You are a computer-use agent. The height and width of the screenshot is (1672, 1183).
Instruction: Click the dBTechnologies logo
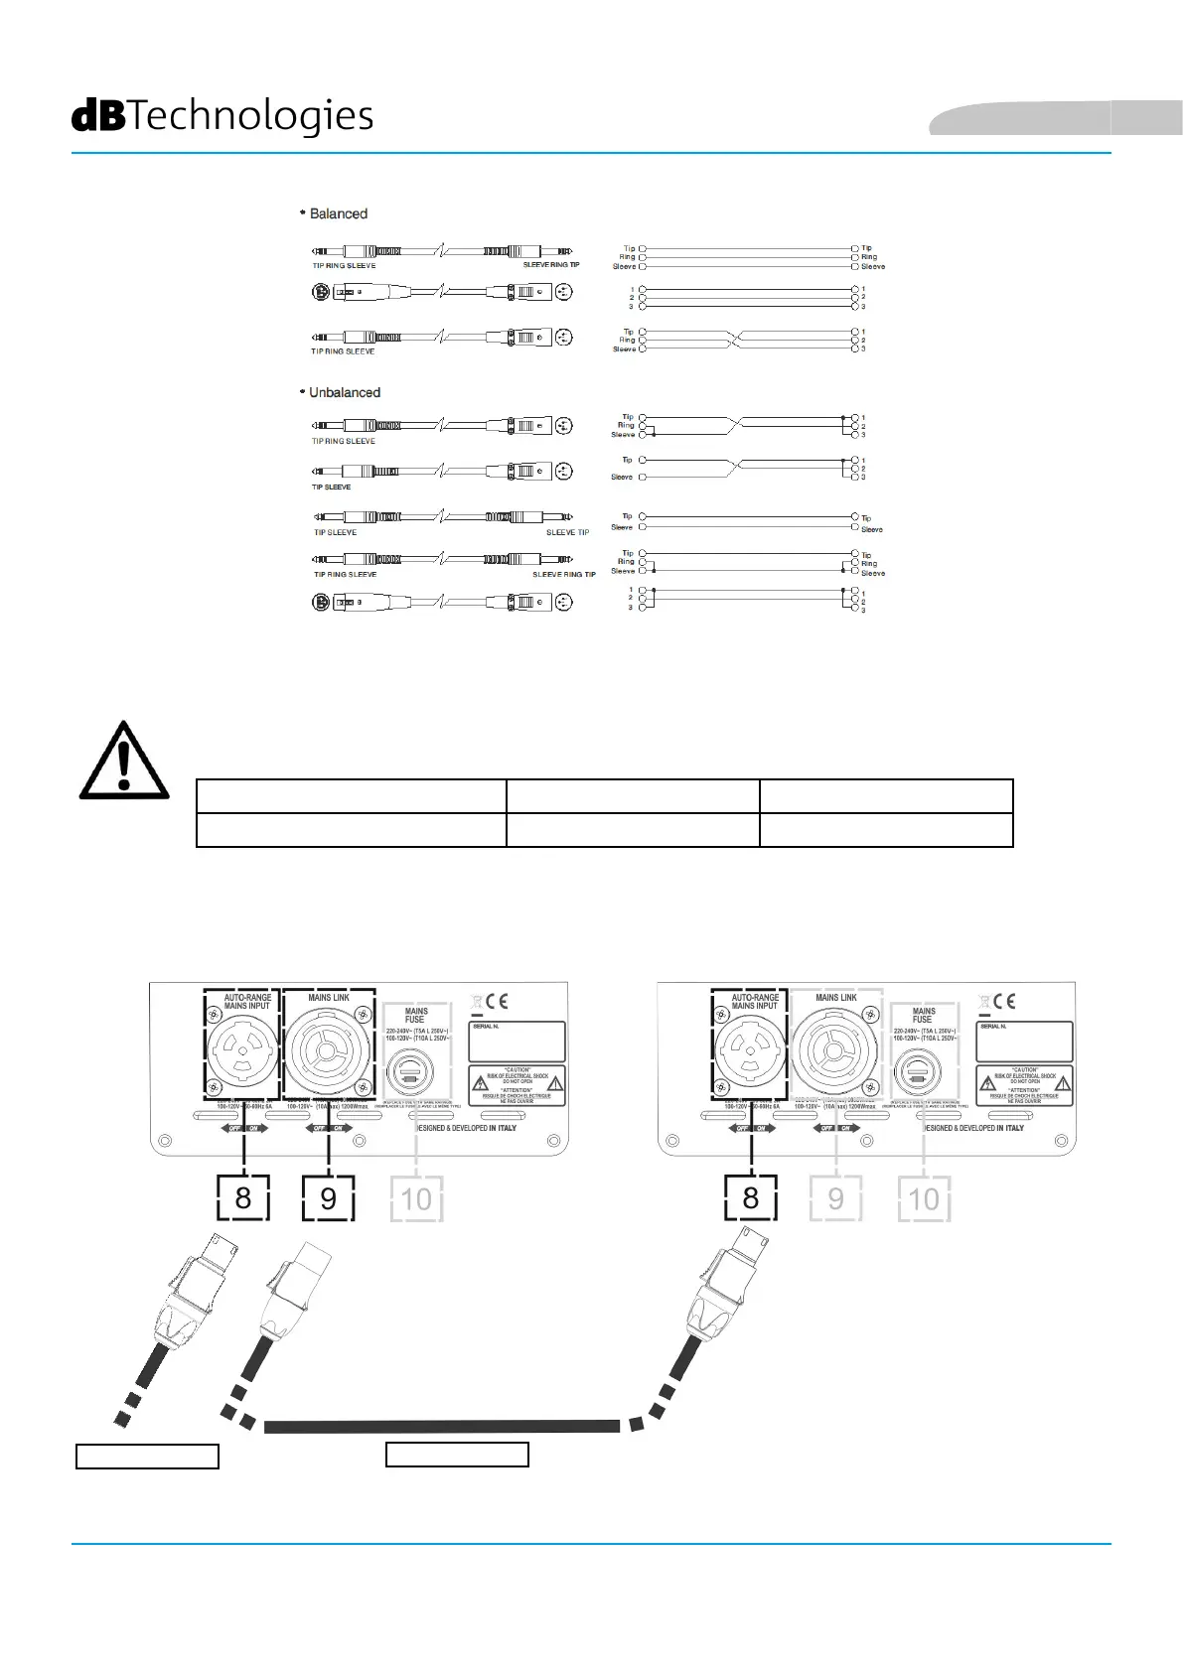[x=222, y=116]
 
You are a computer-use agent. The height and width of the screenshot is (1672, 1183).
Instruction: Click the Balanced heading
[x=338, y=213]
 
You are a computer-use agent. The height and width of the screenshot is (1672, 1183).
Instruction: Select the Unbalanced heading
[x=344, y=392]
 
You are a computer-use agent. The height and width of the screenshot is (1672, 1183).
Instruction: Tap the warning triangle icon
[x=124, y=762]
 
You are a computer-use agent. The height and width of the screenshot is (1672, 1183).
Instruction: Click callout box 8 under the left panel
[x=243, y=1197]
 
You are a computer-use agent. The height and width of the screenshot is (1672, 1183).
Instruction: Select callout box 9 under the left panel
[x=328, y=1197]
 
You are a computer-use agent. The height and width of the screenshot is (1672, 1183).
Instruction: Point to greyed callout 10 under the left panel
[x=416, y=1198]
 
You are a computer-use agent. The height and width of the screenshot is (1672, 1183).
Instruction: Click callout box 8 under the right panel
[x=750, y=1197]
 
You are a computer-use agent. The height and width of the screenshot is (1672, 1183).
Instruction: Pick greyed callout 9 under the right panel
[x=835, y=1198]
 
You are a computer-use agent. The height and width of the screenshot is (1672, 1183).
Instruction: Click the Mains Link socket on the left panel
[x=328, y=1052]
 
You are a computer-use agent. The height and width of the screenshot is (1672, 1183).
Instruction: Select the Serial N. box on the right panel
[x=1024, y=1042]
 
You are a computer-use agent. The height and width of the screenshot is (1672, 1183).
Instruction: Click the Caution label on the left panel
[x=517, y=1084]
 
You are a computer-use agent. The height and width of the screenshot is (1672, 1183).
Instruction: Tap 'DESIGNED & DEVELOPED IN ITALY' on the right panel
[x=974, y=1128]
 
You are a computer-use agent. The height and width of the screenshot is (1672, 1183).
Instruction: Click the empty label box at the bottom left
[x=147, y=1457]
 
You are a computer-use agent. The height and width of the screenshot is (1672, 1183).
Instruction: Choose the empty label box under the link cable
[x=457, y=1455]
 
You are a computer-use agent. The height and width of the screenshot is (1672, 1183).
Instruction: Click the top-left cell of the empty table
[x=352, y=796]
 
